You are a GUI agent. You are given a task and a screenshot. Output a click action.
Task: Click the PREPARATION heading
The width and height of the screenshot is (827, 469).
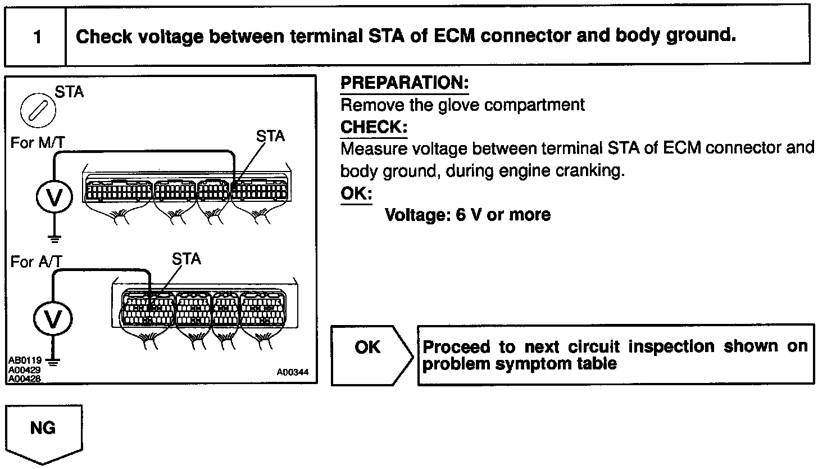[405, 83]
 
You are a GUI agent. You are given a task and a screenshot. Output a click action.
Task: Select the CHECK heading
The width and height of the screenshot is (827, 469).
[374, 127]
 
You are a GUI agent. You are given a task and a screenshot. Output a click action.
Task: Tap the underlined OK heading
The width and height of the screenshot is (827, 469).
[356, 194]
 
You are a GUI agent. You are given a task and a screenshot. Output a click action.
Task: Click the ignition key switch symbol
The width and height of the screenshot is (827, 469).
[37, 109]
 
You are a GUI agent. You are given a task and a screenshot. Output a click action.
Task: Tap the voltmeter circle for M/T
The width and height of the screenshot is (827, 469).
[54, 197]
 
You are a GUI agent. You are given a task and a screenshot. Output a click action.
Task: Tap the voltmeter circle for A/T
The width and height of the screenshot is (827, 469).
[53, 319]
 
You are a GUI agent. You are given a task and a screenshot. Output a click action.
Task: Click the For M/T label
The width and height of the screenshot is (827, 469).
[37, 143]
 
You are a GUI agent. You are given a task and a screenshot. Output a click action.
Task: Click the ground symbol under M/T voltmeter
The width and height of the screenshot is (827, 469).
[54, 238]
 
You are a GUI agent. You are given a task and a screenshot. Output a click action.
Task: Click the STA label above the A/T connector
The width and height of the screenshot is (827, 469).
[186, 259]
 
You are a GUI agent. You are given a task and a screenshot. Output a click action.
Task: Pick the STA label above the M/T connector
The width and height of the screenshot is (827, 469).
[270, 136]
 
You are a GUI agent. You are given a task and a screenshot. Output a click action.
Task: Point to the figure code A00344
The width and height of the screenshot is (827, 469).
[292, 372]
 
